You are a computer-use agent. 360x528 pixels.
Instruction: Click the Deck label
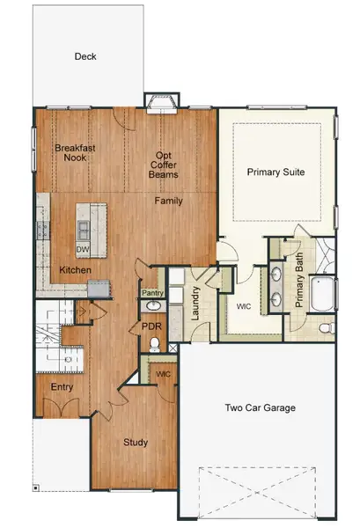click(x=85, y=57)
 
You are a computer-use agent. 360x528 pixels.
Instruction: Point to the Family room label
click(x=169, y=201)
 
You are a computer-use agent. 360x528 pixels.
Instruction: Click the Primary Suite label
click(x=276, y=172)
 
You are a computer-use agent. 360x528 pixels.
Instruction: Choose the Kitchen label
click(x=75, y=269)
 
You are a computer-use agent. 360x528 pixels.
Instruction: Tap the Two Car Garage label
click(x=259, y=407)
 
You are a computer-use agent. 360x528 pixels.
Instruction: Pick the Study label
click(x=135, y=442)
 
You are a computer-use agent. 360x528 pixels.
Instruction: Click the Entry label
click(x=62, y=386)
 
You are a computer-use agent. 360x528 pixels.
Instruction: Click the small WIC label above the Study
click(x=163, y=374)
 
